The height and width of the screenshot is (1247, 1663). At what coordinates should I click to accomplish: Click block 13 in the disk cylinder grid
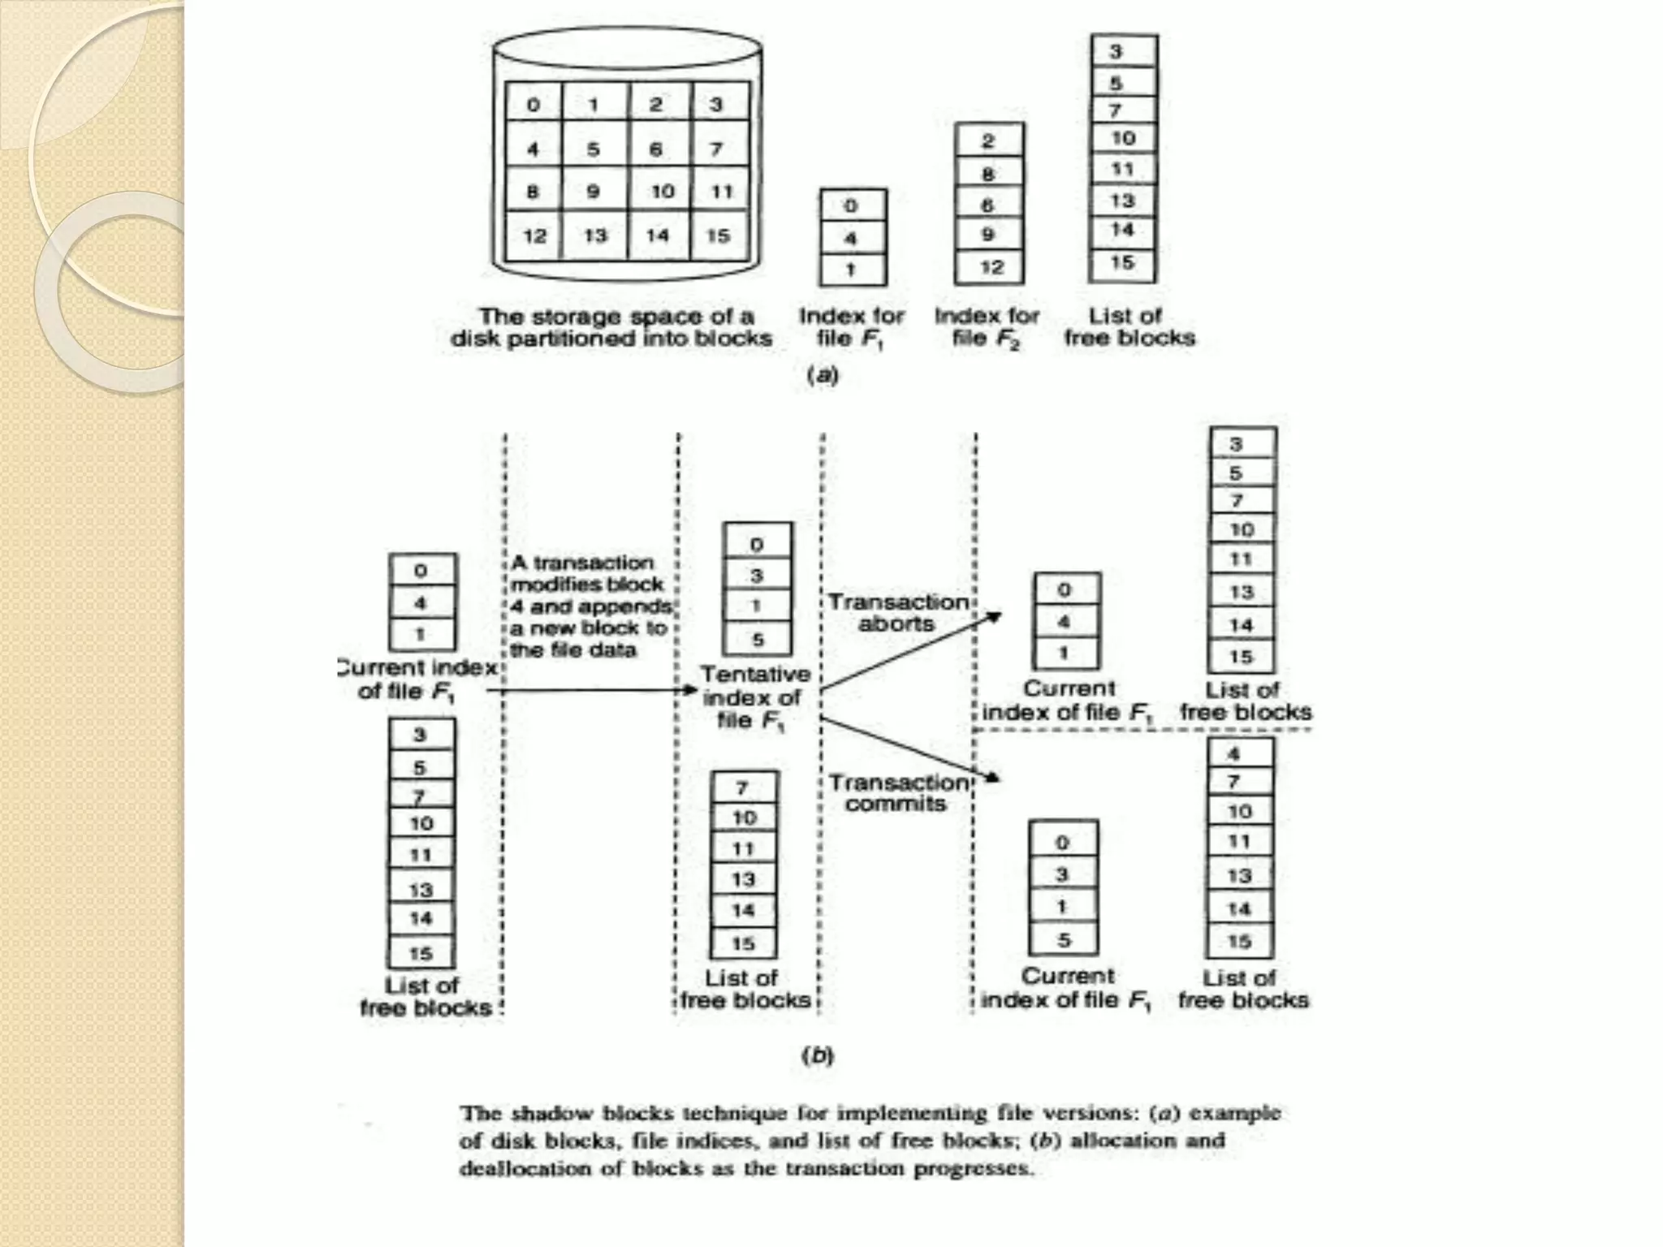click(x=595, y=235)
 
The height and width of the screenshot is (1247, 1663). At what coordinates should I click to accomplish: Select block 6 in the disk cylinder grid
click(x=656, y=149)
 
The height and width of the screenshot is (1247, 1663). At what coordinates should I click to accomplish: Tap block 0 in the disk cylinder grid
click(x=533, y=105)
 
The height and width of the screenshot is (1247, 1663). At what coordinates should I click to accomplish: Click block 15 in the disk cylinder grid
click(x=718, y=235)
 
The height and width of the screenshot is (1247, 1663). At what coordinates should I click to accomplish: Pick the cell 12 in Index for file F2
click(x=989, y=267)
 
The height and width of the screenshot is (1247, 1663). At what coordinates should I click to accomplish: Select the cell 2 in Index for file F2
click(x=988, y=141)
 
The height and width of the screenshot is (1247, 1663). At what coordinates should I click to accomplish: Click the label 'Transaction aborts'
click(x=897, y=613)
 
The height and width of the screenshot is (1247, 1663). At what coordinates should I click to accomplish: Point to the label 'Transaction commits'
click(x=897, y=792)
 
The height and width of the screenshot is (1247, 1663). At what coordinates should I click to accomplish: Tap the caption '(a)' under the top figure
click(x=822, y=375)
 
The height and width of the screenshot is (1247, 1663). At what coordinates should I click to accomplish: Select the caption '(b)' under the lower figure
click(x=818, y=1055)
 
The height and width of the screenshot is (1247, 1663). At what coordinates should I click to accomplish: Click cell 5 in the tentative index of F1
click(x=757, y=640)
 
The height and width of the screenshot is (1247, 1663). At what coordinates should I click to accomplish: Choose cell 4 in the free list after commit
click(x=1234, y=753)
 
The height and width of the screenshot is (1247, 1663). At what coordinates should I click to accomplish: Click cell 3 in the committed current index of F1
click(x=1062, y=874)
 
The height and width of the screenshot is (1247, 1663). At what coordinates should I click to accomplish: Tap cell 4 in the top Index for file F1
click(x=851, y=239)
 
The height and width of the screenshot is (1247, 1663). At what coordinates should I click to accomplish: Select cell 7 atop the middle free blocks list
click(x=743, y=787)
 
